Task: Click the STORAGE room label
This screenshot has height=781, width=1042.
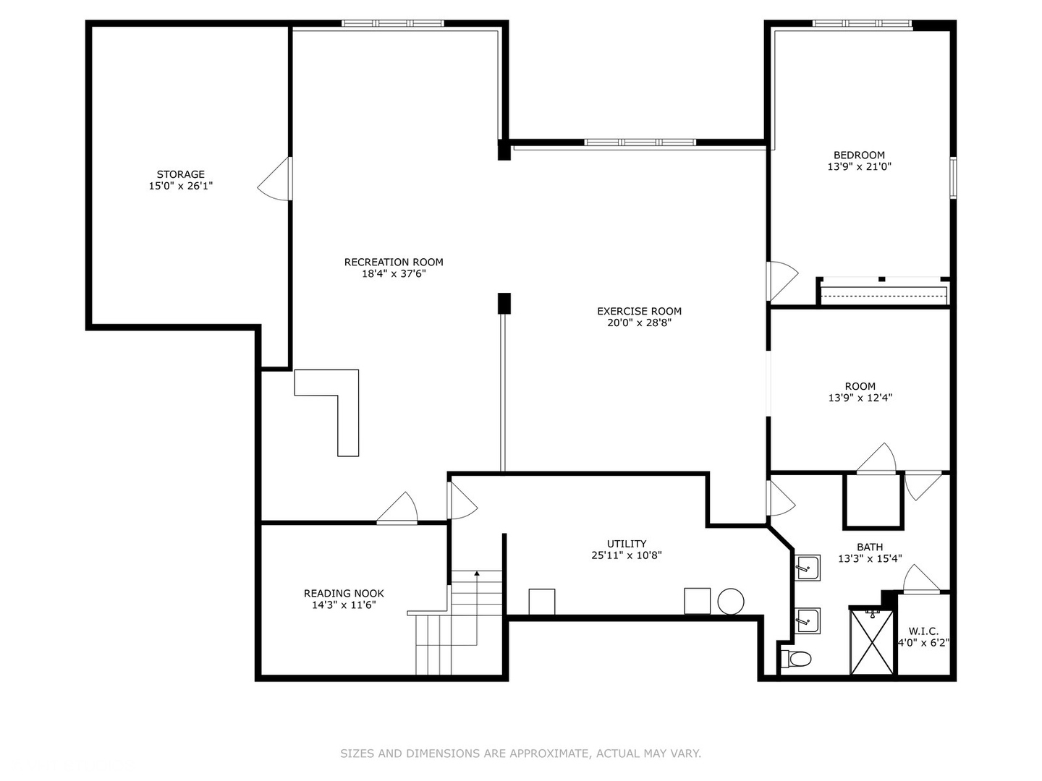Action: [180, 174]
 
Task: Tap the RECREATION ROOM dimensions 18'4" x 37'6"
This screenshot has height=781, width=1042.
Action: [394, 274]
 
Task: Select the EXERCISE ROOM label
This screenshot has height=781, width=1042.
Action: [639, 312]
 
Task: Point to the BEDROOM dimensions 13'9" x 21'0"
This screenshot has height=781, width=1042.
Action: [859, 166]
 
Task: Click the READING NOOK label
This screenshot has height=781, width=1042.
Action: [344, 593]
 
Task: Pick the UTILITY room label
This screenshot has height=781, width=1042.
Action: [626, 544]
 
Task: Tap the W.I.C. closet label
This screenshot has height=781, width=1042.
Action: [923, 631]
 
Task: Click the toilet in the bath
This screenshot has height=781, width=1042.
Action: [796, 659]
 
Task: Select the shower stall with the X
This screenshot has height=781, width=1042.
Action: [871, 642]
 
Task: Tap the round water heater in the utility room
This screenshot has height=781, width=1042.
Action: [731, 601]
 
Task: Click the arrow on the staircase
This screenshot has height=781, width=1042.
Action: [476, 574]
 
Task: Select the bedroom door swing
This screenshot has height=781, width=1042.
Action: [781, 281]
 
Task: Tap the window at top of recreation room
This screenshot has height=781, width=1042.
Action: [392, 23]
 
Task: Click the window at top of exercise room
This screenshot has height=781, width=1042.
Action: [640, 142]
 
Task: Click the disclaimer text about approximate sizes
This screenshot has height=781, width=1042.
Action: [520, 754]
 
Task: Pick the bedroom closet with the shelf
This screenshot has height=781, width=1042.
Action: [883, 292]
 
